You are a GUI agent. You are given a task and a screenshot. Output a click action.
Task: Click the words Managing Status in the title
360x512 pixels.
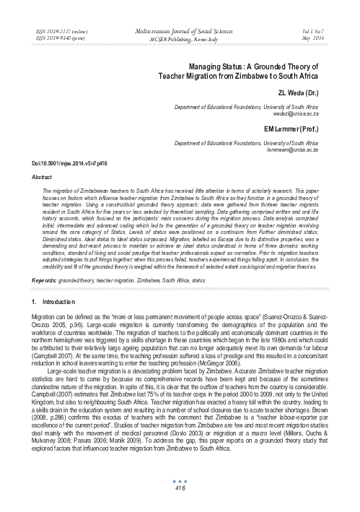pyautogui.click(x=214, y=64)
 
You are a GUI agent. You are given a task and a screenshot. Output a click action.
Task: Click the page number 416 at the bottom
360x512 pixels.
pyautogui.click(x=180, y=489)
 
